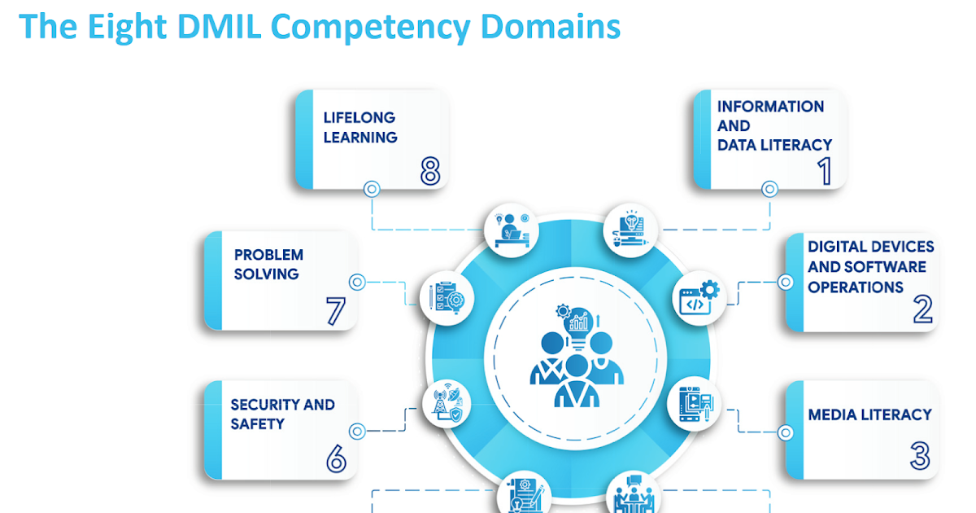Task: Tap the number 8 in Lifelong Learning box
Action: [x=430, y=170]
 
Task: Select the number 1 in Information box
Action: [x=825, y=171]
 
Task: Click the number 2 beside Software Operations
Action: [x=922, y=309]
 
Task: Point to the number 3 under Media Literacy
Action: [x=920, y=456]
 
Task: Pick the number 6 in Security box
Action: [x=336, y=458]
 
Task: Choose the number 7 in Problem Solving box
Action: [x=336, y=310]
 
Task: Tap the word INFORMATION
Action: [x=770, y=107]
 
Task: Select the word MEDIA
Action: [x=834, y=414]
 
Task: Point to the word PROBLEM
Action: [x=268, y=255]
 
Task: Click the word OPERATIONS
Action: [x=856, y=287]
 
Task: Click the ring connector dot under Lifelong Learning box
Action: [x=372, y=189]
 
